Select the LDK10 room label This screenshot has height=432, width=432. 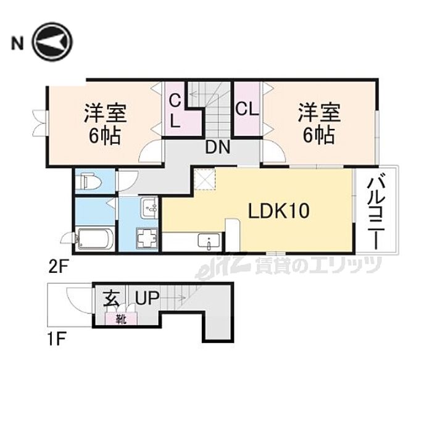click(x=278, y=212)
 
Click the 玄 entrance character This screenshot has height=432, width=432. click(x=112, y=299)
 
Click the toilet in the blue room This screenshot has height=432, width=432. click(x=86, y=181)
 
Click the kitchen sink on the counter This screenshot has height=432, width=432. click(x=208, y=241)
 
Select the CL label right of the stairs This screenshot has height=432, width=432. click(x=246, y=110)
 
